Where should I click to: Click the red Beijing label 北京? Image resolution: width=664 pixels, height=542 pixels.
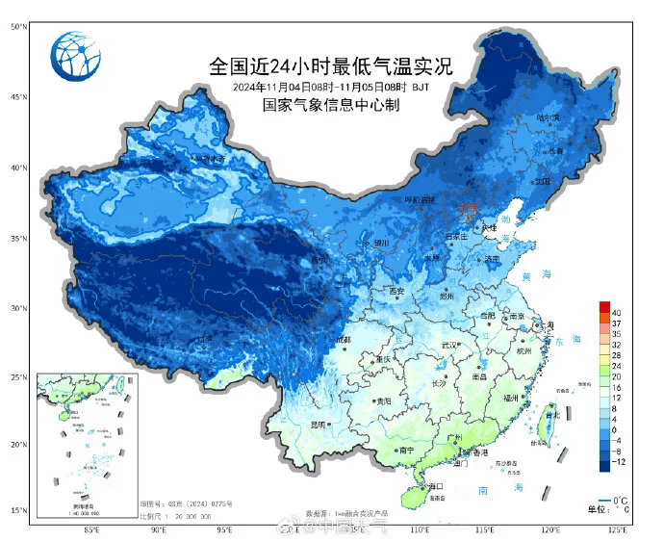click(x=468, y=206)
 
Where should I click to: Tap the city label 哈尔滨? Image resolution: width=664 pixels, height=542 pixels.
click(x=548, y=117)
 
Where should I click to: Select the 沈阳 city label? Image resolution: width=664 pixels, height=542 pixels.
click(x=544, y=180)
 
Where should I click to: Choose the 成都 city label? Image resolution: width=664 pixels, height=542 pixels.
click(x=343, y=340)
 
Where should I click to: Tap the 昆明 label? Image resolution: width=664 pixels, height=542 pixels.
click(x=319, y=425)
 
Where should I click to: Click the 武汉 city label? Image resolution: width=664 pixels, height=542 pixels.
click(x=447, y=345)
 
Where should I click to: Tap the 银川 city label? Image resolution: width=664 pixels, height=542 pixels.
click(x=382, y=244)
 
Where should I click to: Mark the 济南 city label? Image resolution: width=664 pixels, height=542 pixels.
click(x=492, y=259)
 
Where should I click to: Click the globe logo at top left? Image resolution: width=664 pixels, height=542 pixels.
click(x=76, y=57)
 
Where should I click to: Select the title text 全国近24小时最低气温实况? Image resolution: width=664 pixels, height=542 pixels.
click(x=331, y=67)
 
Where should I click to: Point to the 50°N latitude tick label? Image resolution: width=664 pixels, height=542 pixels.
click(x=18, y=27)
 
